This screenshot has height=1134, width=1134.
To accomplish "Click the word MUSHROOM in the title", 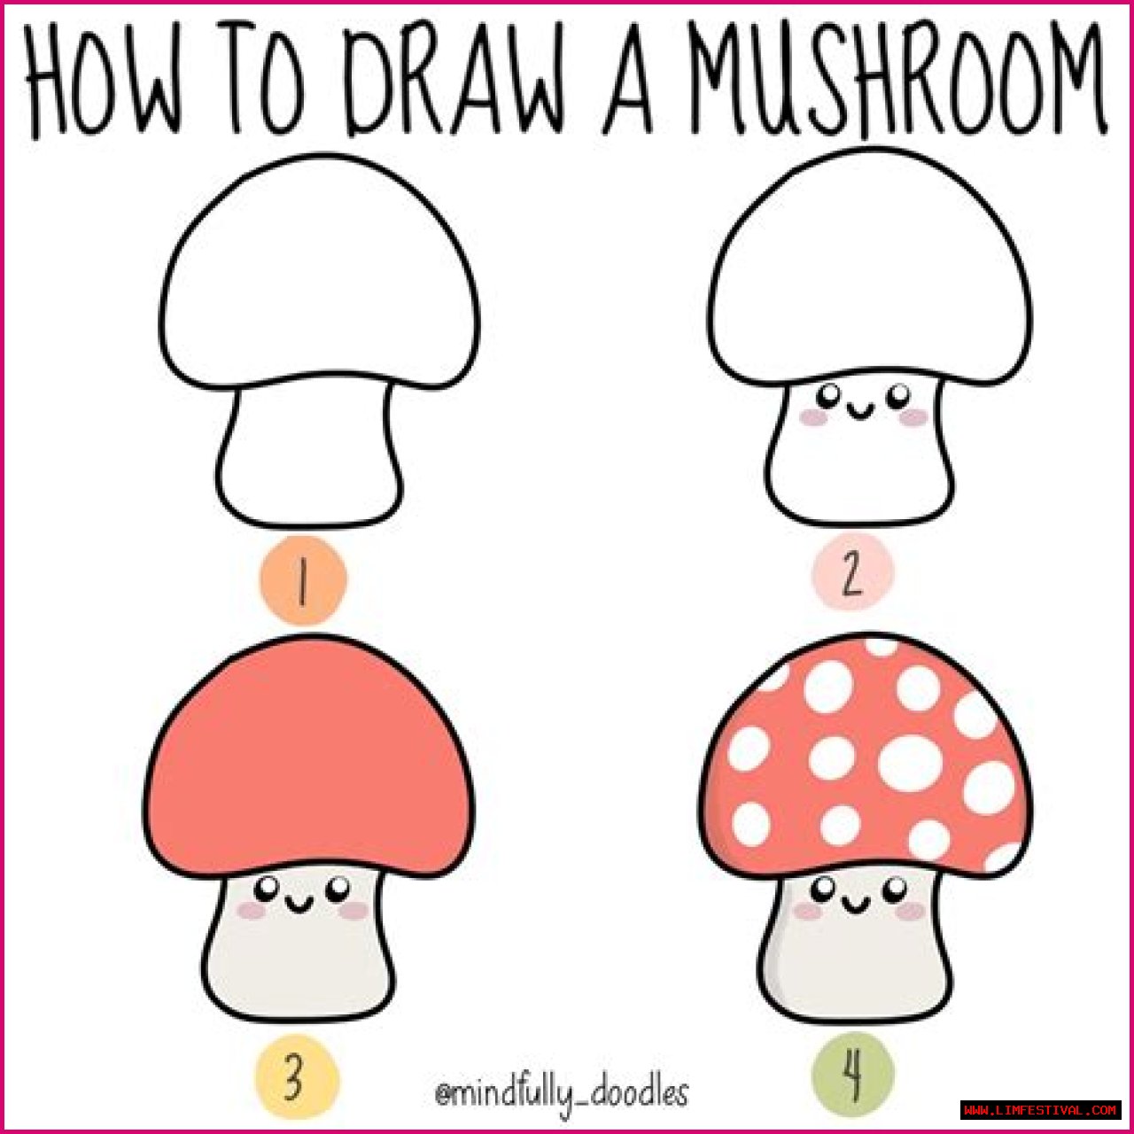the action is tap(898, 82).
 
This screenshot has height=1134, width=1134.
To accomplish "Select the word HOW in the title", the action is tap(103, 82).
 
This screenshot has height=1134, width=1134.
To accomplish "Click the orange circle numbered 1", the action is tap(303, 580).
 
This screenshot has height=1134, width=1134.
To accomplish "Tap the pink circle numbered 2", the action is tap(852, 573).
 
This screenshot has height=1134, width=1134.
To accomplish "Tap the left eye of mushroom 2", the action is tap(831, 394).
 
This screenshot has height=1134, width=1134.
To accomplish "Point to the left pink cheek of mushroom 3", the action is tap(252, 911).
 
